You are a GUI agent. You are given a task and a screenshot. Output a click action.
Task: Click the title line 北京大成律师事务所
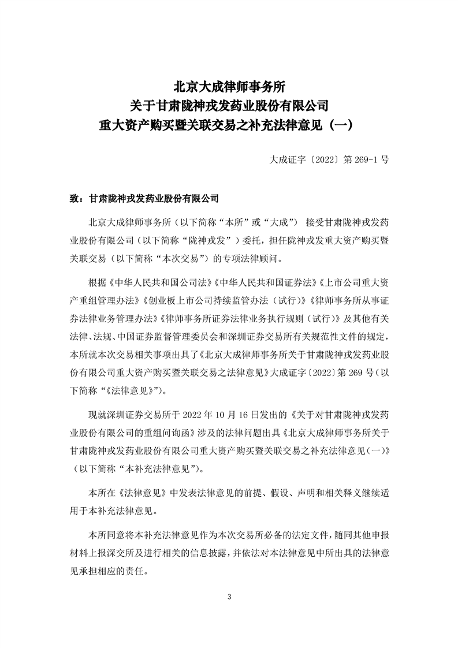(x=229, y=87)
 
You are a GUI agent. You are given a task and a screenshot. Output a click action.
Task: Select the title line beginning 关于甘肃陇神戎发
(x=229, y=106)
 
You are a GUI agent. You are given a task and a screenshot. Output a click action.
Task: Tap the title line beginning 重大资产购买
(x=229, y=124)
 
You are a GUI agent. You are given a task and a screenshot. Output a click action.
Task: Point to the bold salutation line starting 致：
(x=144, y=198)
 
